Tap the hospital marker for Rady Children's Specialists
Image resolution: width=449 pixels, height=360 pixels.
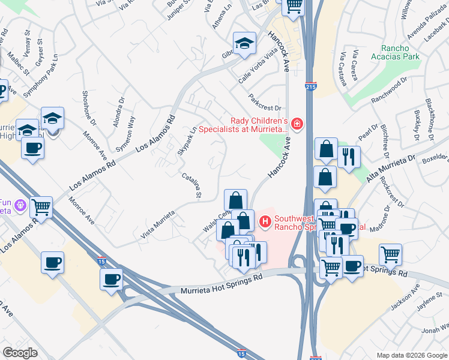click(x=297, y=124)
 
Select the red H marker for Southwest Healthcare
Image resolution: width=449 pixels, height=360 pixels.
click(x=264, y=223)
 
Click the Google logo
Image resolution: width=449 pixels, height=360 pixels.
click(x=20, y=353)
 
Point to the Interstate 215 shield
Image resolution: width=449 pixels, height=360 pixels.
click(x=311, y=86)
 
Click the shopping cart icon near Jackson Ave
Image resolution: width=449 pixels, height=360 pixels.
click(x=390, y=255)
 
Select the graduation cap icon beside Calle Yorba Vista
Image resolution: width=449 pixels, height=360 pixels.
click(x=244, y=43)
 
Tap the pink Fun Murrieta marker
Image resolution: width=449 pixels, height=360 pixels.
click(x=20, y=205)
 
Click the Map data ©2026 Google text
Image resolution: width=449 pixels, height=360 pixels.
click(x=412, y=355)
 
